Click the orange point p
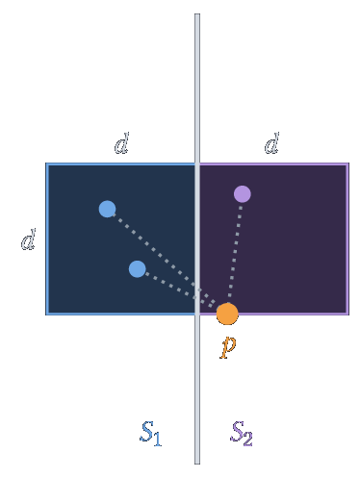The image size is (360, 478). [x=227, y=314]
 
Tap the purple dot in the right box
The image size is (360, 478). [x=243, y=194]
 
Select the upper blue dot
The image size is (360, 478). [x=107, y=209]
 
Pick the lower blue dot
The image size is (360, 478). [x=138, y=269]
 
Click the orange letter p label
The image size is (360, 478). [x=228, y=346]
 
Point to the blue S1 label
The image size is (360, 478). [x=150, y=433]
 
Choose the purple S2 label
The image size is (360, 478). [x=242, y=433]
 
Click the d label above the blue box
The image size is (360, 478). [x=122, y=143]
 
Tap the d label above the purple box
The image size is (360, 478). [x=271, y=143]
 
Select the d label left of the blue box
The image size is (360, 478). [x=28, y=239]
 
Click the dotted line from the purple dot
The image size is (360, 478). [x=235, y=253]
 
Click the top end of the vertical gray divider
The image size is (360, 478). [x=197, y=14]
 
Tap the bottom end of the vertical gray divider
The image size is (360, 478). [x=197, y=464]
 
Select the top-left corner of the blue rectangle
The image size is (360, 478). [x=47, y=164]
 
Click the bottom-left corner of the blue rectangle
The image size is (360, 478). [x=47, y=314]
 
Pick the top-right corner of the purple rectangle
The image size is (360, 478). [x=348, y=164]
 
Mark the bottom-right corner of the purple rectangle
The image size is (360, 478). [x=348, y=314]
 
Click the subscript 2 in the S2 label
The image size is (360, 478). [x=247, y=439]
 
